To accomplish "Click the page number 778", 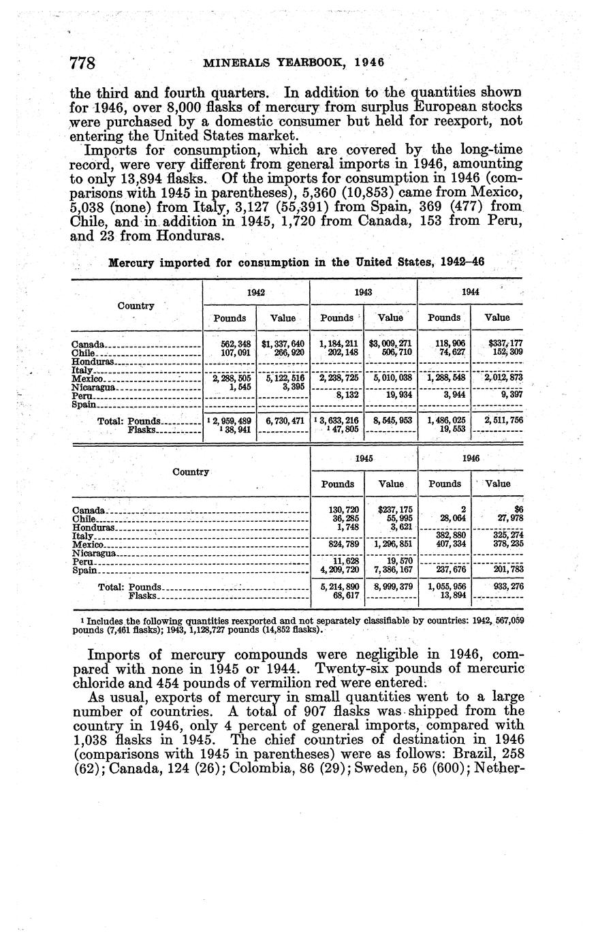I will point(85,63).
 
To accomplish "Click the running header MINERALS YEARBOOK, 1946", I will point(294,62).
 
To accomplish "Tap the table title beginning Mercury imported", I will point(296,262).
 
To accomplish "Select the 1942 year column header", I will point(255,292).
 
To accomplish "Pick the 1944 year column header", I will point(470,292).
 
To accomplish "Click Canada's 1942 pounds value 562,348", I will point(230,343).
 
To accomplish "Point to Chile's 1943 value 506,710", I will point(391,352).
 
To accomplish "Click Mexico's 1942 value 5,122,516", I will point(283,378).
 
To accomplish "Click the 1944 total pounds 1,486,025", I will point(446,421).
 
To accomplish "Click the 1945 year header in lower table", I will point(364,458).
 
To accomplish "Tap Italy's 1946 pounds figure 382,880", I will point(446,535).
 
